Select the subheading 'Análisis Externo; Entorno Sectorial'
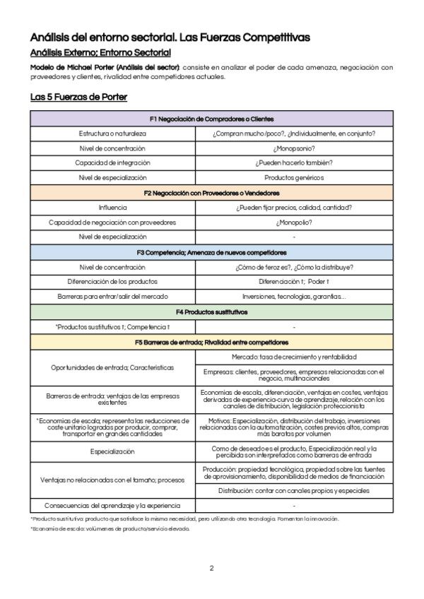(x=100, y=52)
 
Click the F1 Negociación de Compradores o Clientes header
(x=211, y=119)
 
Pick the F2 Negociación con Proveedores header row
(x=211, y=193)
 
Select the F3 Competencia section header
(x=211, y=252)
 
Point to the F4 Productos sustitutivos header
(x=211, y=312)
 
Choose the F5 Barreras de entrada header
(x=211, y=342)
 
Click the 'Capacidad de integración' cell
(x=112, y=163)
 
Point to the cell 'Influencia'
(x=112, y=208)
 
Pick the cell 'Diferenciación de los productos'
(x=112, y=282)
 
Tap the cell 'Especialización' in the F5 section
(x=112, y=451)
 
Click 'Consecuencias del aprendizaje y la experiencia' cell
(x=112, y=505)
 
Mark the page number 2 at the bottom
(x=211, y=568)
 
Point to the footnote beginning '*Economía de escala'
(x=110, y=529)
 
